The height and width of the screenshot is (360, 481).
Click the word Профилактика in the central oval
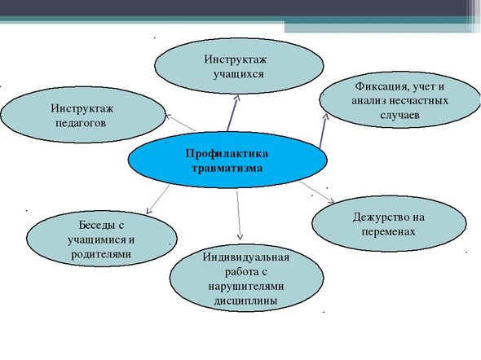coord(227,153)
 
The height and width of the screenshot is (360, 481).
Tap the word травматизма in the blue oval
coord(227,169)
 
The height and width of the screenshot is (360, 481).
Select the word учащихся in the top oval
coord(239,74)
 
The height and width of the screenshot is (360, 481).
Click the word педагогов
coord(81,123)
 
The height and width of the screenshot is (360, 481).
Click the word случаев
coord(399,115)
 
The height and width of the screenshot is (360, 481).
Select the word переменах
coord(388,231)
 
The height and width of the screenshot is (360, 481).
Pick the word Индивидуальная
coord(245,257)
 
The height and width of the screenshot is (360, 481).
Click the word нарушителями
coord(246,287)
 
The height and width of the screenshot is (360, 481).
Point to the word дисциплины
coord(245,301)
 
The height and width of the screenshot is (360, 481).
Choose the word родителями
coord(101,254)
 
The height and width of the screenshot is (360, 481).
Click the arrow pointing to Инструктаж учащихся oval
coord(232,113)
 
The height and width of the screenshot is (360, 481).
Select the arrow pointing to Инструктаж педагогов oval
coord(181,123)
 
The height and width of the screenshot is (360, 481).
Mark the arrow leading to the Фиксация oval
coord(324,131)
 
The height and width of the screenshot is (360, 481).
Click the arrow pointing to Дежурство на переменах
coord(316,191)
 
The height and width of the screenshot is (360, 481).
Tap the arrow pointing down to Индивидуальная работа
coord(239,215)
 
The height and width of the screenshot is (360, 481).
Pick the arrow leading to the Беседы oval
coord(158,199)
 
